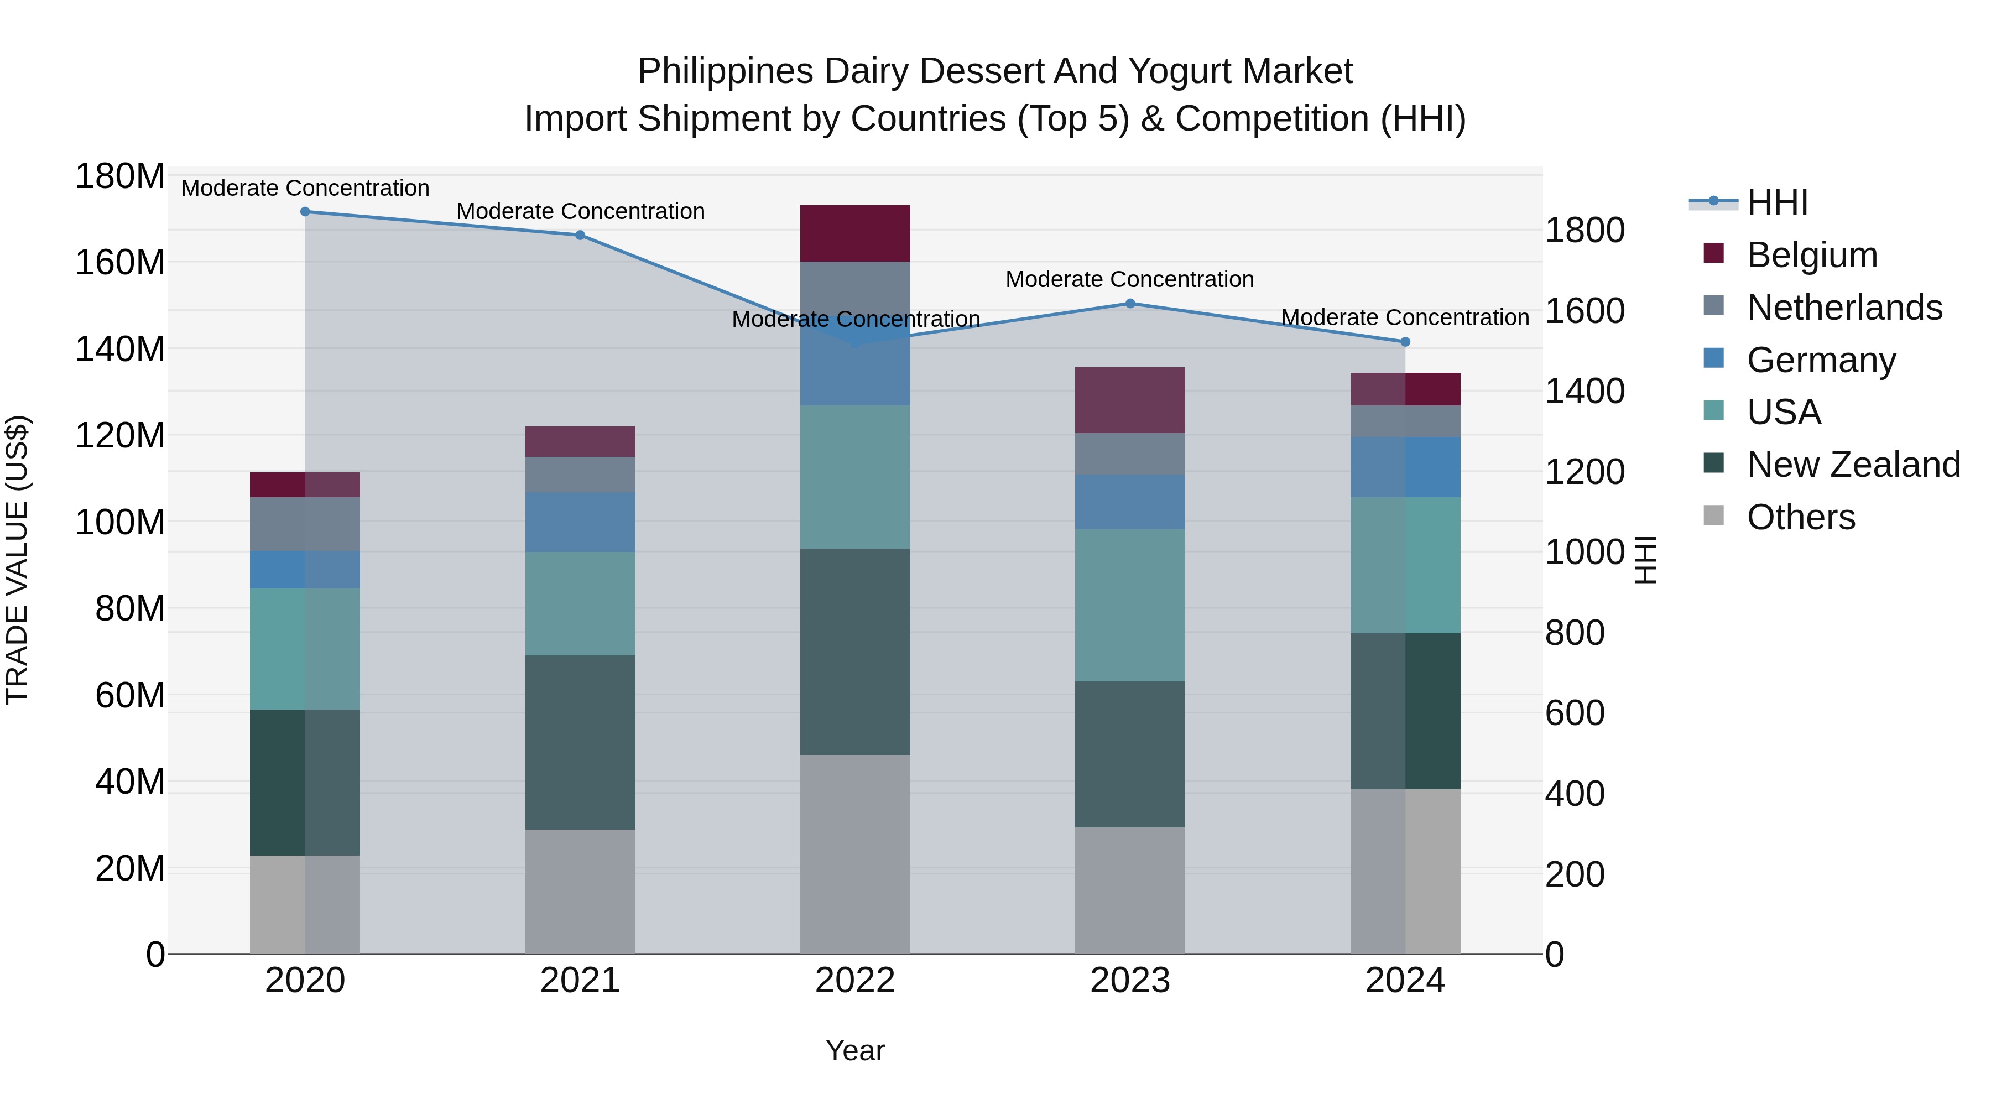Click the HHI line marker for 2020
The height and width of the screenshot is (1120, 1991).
305,212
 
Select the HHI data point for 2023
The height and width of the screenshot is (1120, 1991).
1130,304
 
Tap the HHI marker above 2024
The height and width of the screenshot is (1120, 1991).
1405,342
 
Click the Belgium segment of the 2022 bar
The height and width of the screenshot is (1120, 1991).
855,233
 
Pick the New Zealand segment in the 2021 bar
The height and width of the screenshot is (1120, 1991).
580,742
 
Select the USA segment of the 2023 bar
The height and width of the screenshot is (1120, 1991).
1130,605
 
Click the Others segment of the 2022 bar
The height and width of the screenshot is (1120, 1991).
855,854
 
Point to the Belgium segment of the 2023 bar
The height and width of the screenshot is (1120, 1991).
1130,400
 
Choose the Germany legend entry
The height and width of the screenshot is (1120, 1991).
1821,360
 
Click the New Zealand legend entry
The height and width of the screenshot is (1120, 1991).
1853,465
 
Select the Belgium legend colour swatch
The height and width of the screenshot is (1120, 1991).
1713,253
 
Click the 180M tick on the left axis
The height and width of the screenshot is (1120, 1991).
120,176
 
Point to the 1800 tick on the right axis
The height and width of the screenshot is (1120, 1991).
1585,230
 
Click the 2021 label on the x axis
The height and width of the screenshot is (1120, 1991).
580,981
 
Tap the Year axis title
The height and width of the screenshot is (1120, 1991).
855,1050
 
